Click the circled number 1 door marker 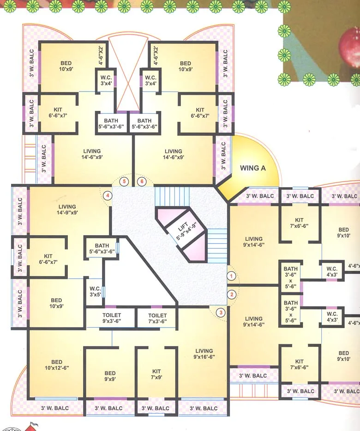pos(232,276)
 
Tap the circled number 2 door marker pos(232,294)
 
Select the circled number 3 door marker pos(221,312)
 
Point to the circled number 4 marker pos(108,195)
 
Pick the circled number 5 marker pos(124,182)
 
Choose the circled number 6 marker pos(142,182)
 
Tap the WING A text pos(252,168)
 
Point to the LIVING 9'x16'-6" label pos(204,354)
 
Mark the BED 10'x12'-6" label pos(57,365)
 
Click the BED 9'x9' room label pos(110,376)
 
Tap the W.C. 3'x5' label pos(95,291)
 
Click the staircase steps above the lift pos(172,196)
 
